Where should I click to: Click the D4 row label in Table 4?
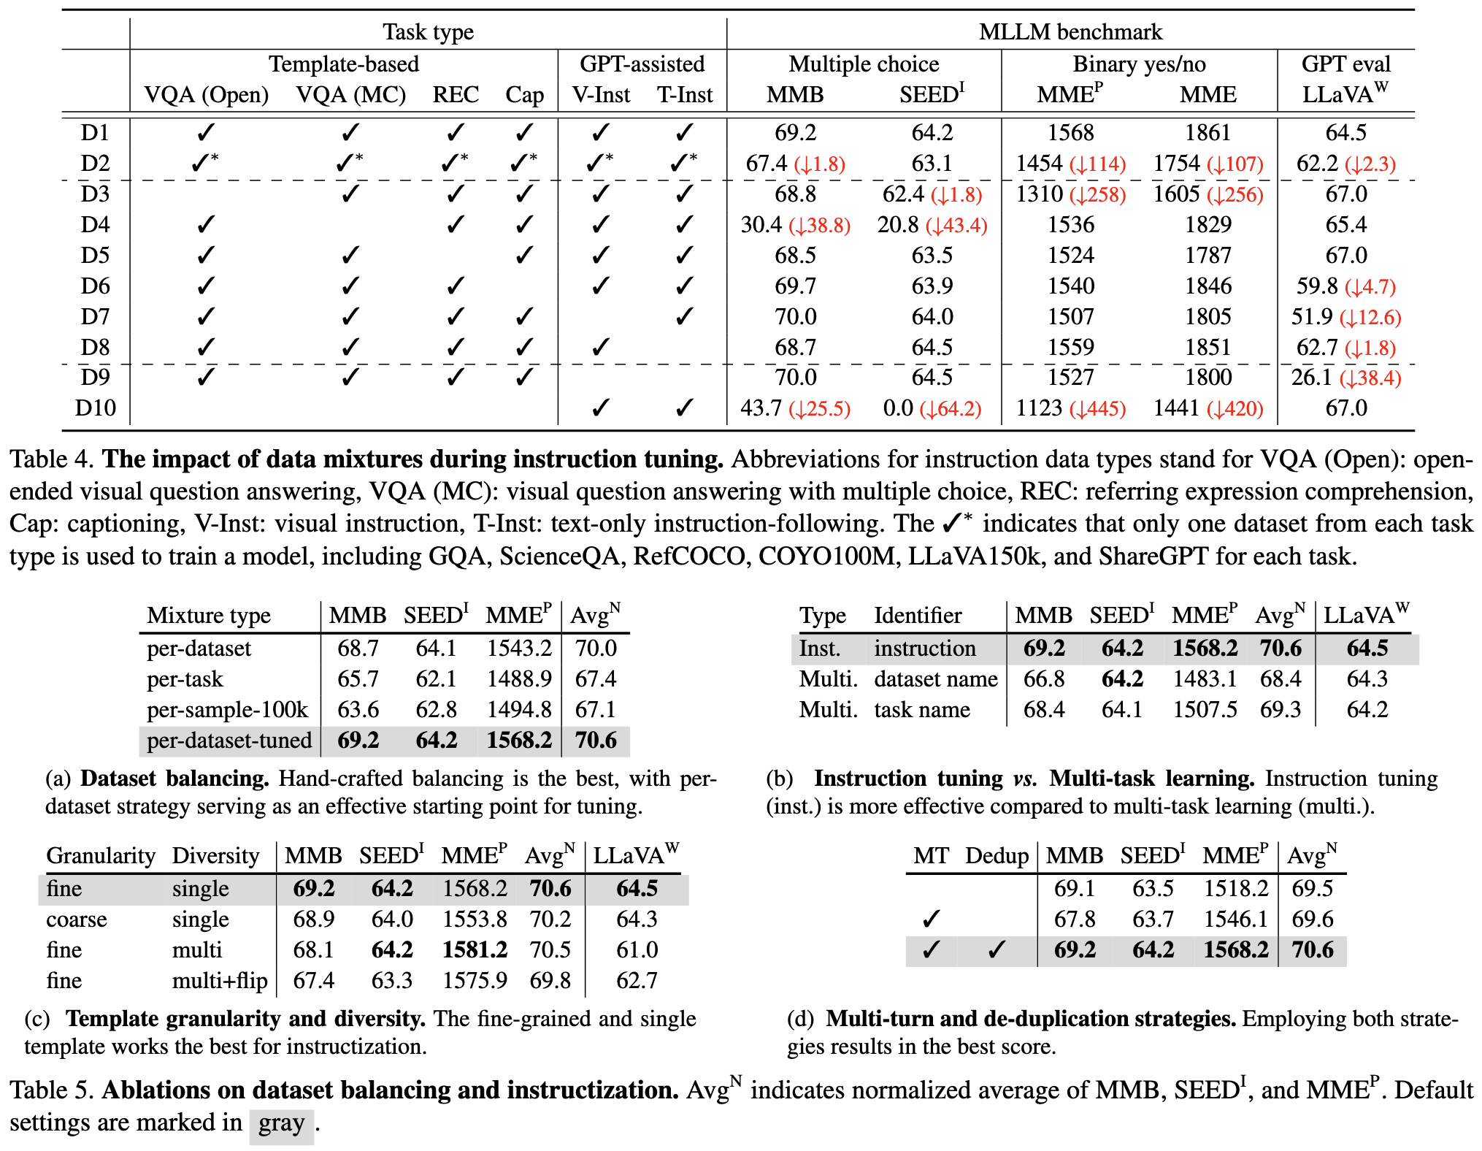tap(95, 225)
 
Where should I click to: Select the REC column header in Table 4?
tap(456, 95)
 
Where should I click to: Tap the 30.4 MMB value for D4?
tap(761, 225)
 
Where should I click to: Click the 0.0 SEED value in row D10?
tap(898, 408)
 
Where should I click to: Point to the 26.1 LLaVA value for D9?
tap(1311, 378)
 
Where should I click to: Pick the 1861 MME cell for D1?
tap(1208, 133)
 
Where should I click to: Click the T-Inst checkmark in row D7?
tap(684, 317)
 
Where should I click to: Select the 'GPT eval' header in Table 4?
tap(1345, 64)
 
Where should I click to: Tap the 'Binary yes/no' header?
tap(1139, 64)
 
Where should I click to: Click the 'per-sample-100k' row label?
tap(227, 710)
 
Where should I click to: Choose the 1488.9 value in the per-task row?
tap(519, 679)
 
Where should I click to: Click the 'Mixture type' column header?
tap(209, 616)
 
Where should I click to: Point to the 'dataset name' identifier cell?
tap(936, 679)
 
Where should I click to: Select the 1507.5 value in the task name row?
tap(1205, 710)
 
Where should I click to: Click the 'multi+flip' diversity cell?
tap(220, 981)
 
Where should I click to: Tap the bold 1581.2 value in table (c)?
tap(475, 950)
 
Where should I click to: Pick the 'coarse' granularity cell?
tap(77, 919)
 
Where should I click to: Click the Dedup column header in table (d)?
tap(997, 856)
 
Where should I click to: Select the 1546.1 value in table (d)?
tap(1236, 919)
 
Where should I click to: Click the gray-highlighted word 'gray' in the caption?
tap(282, 1123)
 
